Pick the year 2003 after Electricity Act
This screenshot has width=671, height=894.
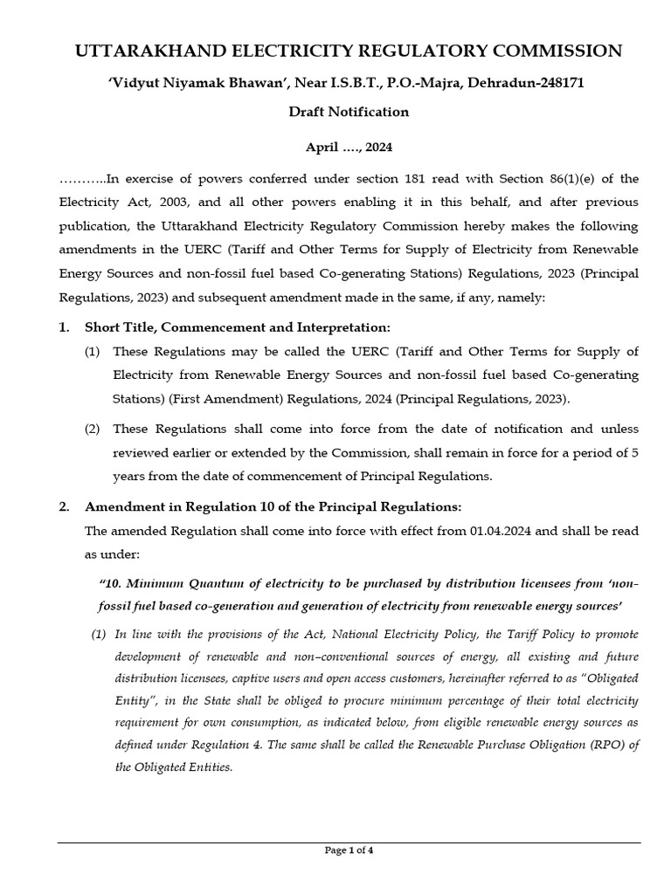click(137, 202)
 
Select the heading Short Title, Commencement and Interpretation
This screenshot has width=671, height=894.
click(237, 327)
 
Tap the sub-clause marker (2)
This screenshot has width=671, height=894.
click(93, 429)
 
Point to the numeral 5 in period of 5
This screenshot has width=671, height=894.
click(635, 452)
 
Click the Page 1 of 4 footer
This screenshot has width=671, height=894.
click(349, 850)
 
